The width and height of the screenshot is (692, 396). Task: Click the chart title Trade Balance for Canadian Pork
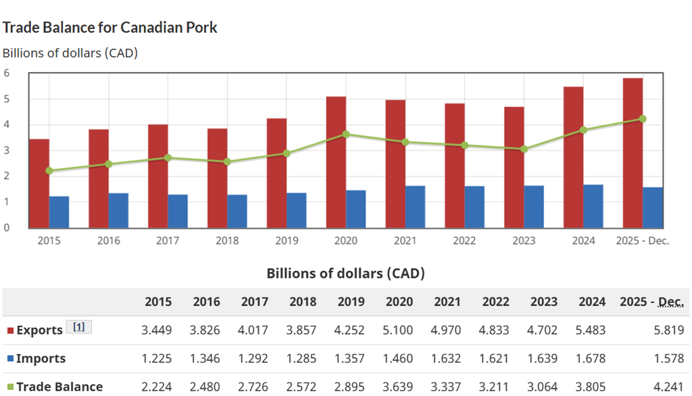(x=109, y=28)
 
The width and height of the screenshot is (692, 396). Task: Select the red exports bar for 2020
(x=336, y=162)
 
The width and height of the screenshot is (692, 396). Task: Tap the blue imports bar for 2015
(x=59, y=212)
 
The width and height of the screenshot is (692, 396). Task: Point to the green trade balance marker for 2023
(x=524, y=149)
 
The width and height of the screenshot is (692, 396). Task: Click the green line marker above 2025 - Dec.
(x=642, y=119)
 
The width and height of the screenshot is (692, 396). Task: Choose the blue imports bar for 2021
(x=416, y=206)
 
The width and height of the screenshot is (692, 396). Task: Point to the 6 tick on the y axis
(x=7, y=73)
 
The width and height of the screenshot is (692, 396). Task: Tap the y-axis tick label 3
(x=7, y=150)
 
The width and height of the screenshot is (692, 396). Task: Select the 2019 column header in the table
(x=351, y=302)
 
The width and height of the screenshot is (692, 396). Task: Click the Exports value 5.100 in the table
(x=399, y=330)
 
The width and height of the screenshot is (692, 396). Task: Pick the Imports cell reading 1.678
(x=592, y=359)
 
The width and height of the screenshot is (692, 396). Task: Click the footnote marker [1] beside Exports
(x=78, y=327)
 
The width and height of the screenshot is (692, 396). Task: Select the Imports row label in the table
(x=41, y=359)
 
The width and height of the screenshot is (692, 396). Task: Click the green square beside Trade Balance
(x=10, y=387)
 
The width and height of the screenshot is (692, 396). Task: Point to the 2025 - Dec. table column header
(x=651, y=302)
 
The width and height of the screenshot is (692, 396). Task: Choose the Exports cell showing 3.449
(x=157, y=330)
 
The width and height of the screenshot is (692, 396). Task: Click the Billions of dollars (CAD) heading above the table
(x=345, y=274)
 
